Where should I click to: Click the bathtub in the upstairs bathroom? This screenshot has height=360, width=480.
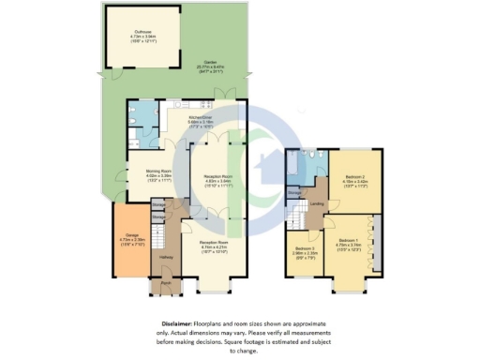(296, 168)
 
